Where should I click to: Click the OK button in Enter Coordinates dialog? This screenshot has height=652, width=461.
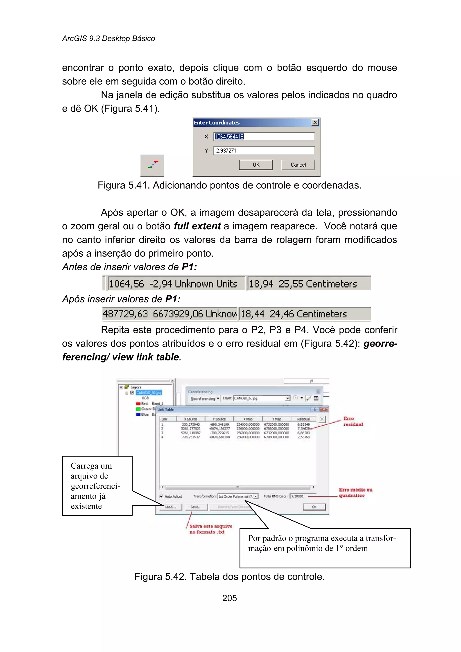click(256, 165)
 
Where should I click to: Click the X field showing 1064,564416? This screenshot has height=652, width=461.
click(264, 137)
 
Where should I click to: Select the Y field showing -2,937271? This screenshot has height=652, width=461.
click(264, 150)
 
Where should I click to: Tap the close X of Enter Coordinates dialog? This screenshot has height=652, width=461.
click(315, 122)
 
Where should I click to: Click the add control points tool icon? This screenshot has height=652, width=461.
click(152, 165)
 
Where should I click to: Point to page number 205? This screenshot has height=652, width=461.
click(229, 598)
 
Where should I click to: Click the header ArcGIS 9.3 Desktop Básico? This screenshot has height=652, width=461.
click(108, 39)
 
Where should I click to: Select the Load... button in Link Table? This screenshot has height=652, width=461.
click(171, 507)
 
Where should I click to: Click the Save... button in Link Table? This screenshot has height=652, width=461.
click(196, 507)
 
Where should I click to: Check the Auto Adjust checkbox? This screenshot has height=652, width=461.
click(161, 496)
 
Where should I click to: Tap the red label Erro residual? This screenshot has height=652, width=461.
click(353, 421)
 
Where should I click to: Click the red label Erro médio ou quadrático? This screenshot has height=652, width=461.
click(355, 492)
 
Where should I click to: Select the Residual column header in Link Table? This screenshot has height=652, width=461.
click(303, 419)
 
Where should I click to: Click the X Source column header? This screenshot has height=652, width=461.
click(190, 419)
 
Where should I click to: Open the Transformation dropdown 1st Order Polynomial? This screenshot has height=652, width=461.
click(238, 496)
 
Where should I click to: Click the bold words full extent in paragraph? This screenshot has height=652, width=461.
click(197, 226)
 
